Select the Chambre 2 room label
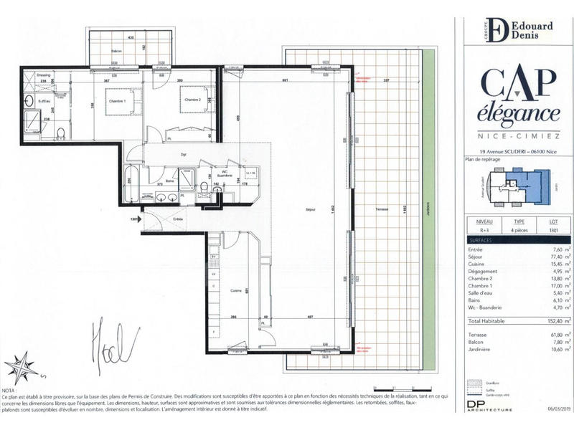tap(189, 100)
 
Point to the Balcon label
tap(117, 52)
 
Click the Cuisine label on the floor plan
tap(235, 290)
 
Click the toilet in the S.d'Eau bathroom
tap(61, 132)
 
